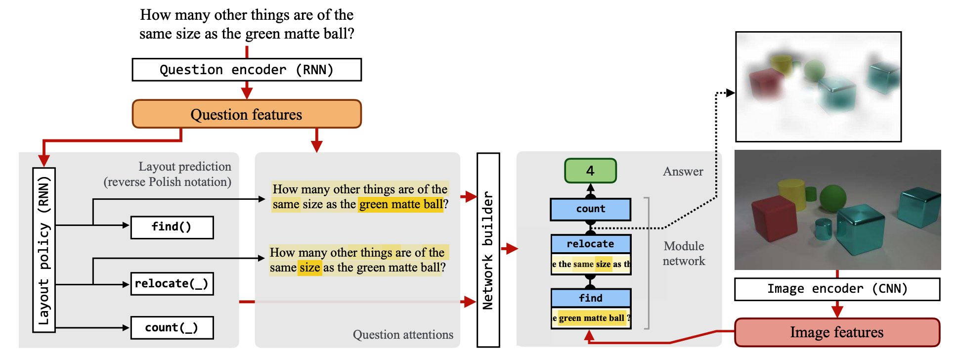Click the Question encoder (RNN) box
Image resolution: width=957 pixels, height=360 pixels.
click(247, 70)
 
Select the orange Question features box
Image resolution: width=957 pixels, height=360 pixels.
click(247, 114)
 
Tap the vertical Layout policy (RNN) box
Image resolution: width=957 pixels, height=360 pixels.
click(44, 250)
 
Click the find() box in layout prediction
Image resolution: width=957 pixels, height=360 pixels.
click(172, 227)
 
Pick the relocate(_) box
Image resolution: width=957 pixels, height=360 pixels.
click(172, 284)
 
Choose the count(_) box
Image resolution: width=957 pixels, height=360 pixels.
click(172, 328)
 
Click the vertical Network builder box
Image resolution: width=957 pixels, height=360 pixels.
click(488, 250)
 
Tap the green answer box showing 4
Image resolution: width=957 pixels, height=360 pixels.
click(591, 171)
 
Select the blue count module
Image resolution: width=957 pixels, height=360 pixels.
click(591, 209)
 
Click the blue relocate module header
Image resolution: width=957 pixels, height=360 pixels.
click(591, 244)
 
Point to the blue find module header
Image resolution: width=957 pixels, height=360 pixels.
click(591, 298)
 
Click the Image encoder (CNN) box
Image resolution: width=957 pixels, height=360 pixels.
click(837, 289)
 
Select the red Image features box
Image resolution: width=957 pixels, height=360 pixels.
click(837, 332)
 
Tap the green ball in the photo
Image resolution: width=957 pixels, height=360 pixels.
click(833, 197)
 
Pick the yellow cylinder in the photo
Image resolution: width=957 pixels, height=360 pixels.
click(792, 194)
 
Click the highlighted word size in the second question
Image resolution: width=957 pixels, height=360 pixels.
click(310, 268)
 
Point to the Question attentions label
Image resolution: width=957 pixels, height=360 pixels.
click(403, 335)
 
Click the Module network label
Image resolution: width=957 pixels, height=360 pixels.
click(684, 254)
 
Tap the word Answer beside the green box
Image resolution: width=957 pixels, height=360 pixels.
click(683, 172)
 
